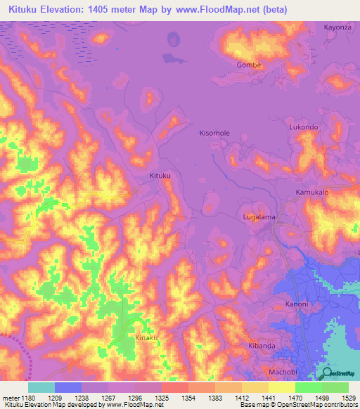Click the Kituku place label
click(160, 176)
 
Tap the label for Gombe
click(249, 65)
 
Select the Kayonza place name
click(337, 27)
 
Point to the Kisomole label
click(214, 133)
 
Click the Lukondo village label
click(304, 127)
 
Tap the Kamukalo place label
click(312, 192)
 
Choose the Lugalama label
click(259, 217)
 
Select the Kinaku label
click(146, 338)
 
